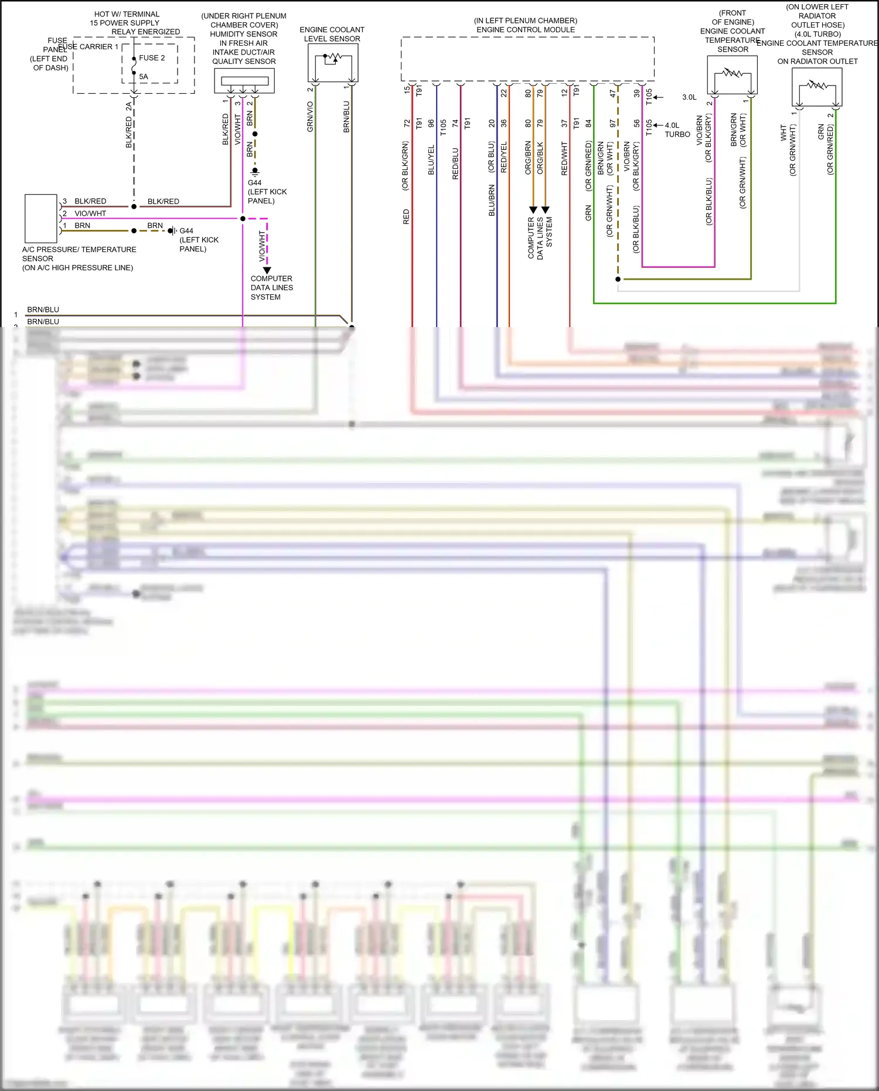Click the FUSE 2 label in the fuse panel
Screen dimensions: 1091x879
[x=152, y=58]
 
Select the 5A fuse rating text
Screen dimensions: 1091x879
[x=144, y=77]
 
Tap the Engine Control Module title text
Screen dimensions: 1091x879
[x=526, y=30]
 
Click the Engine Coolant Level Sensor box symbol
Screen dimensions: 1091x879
[x=333, y=63]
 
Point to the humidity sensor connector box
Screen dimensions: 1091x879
[x=244, y=81]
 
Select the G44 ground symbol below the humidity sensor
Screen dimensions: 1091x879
[x=255, y=172]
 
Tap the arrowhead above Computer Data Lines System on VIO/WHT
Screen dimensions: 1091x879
[x=267, y=270]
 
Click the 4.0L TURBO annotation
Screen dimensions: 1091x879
[x=677, y=130]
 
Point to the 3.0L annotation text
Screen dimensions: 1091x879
[x=689, y=97]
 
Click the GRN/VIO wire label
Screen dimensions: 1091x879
[x=310, y=117]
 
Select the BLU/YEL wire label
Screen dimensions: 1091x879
[x=431, y=159]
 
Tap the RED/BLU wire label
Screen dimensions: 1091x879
[x=455, y=163]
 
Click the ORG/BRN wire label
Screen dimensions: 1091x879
[x=528, y=157]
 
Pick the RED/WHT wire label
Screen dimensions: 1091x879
[x=564, y=158]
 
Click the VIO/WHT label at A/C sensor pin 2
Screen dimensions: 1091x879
[x=90, y=213]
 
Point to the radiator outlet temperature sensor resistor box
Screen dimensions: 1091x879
[x=817, y=87]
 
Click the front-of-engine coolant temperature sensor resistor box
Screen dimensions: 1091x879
[x=732, y=74]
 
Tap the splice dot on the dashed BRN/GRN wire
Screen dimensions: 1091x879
[x=618, y=279]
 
